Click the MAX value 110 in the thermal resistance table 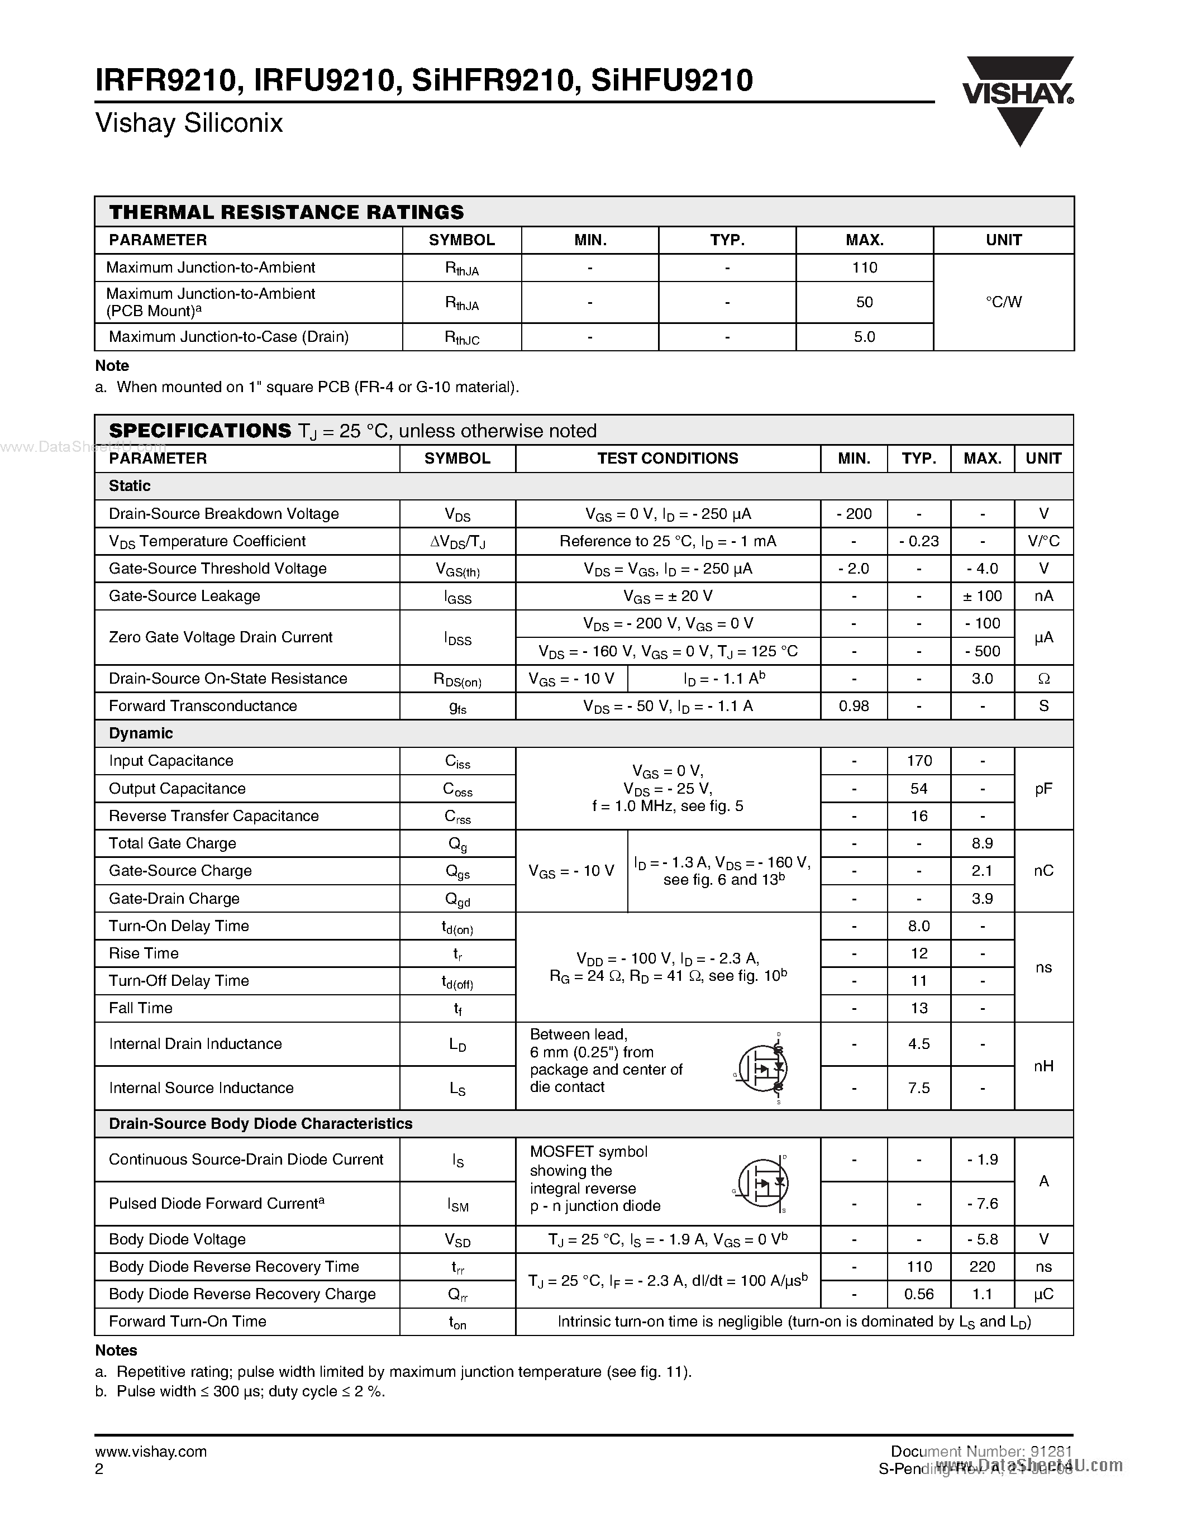(x=864, y=267)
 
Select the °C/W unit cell (x=1003, y=302)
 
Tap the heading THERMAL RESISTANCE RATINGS (x=286, y=212)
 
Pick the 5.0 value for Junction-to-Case (x=864, y=337)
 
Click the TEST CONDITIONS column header (x=668, y=459)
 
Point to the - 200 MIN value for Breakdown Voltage (x=854, y=514)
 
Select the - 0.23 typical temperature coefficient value (x=918, y=542)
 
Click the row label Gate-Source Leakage (x=184, y=597)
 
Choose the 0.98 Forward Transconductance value (x=854, y=706)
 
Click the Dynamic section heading (x=141, y=733)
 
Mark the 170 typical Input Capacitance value (x=918, y=761)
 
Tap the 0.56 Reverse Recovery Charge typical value (x=918, y=1294)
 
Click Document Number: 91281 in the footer (x=981, y=1451)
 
